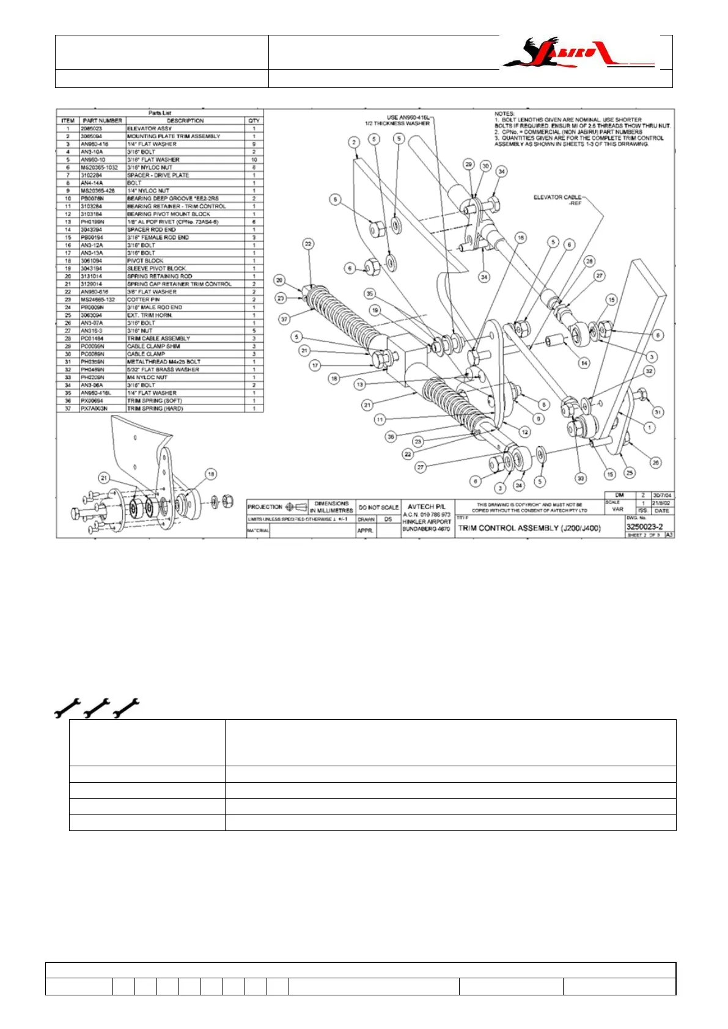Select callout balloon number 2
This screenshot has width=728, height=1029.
[354, 142]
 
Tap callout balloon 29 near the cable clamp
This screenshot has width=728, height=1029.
[468, 164]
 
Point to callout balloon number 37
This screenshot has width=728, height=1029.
[284, 319]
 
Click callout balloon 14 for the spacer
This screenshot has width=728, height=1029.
[584, 363]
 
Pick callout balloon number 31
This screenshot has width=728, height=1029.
[658, 412]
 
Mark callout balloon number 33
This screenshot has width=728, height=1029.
[581, 478]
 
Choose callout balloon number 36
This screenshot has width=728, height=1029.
[391, 436]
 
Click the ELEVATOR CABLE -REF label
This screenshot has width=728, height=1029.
[557, 200]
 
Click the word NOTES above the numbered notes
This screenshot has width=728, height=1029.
[505, 114]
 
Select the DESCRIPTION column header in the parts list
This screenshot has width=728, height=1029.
[185, 120]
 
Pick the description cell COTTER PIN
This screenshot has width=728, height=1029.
[143, 299]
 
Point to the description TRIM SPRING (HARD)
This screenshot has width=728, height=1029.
[155, 408]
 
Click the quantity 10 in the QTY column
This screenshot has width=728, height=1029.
[254, 159]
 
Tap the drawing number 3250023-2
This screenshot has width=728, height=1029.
[644, 527]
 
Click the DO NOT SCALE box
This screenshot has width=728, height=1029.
[378, 507]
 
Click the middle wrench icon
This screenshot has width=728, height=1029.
[97, 707]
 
